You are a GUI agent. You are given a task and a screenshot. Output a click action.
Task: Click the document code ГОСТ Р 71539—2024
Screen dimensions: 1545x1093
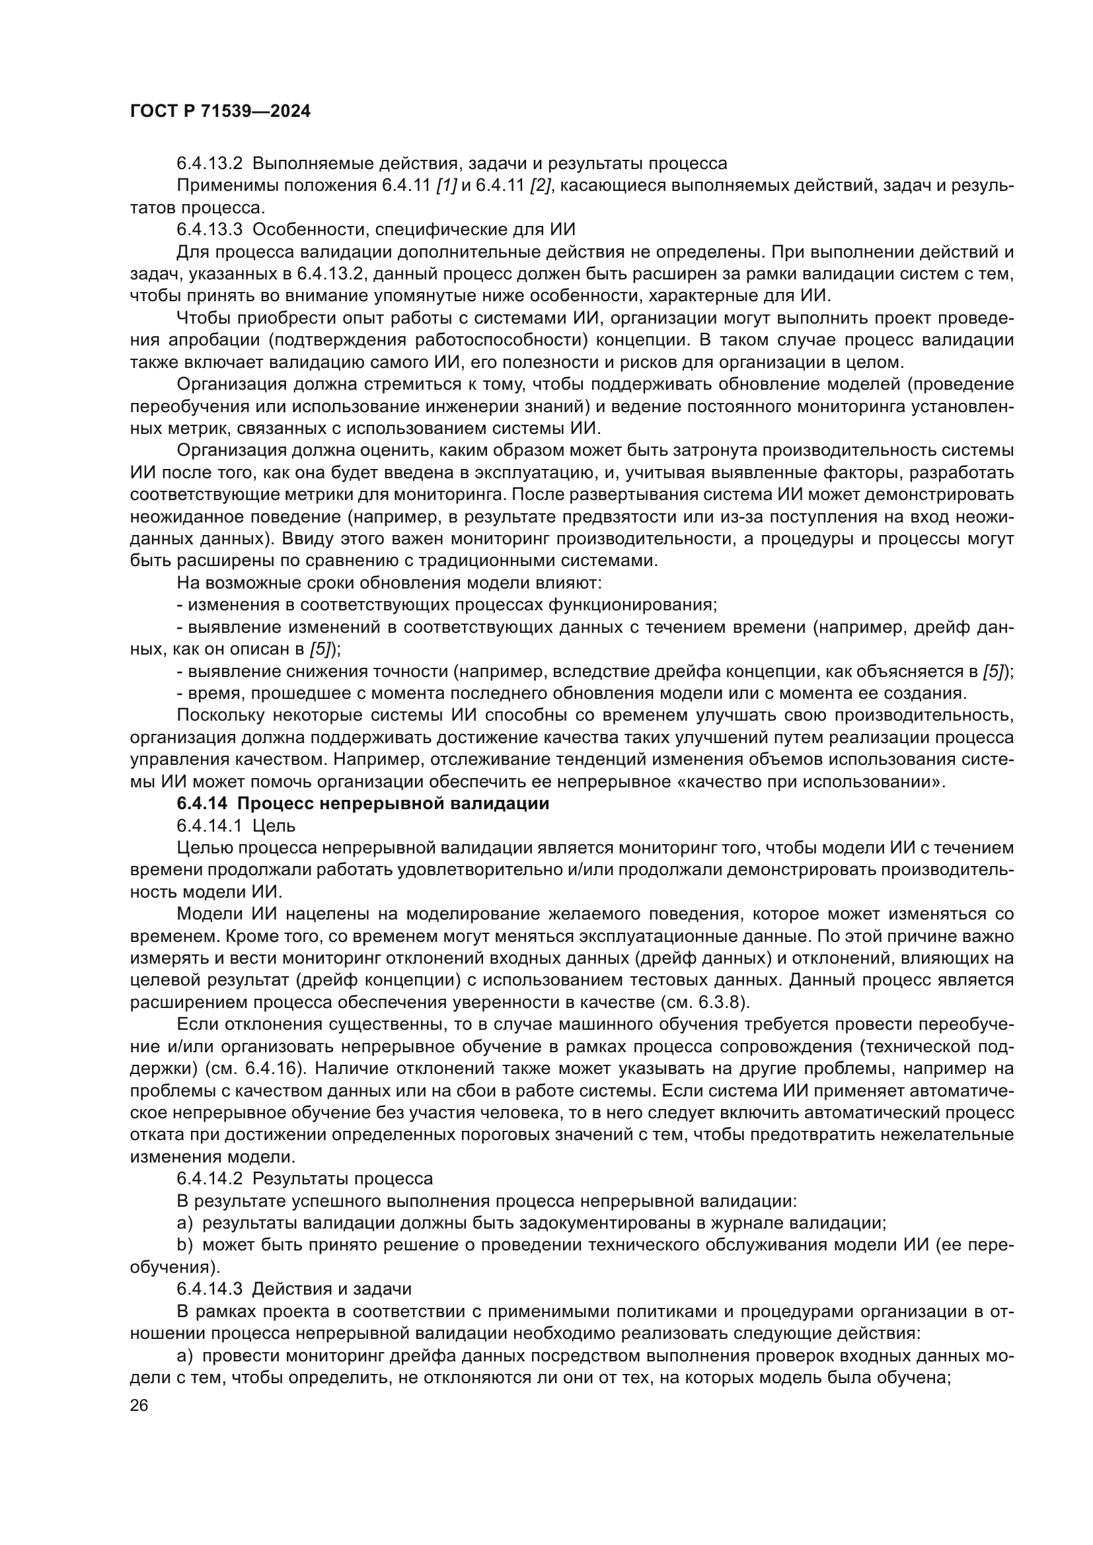click(x=220, y=112)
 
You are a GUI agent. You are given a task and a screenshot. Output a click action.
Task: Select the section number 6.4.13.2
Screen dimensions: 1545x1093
click(x=209, y=164)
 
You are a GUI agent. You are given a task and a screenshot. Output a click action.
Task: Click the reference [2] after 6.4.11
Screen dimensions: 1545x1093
click(x=541, y=186)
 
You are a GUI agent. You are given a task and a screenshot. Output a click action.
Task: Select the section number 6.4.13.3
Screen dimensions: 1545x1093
click(x=209, y=229)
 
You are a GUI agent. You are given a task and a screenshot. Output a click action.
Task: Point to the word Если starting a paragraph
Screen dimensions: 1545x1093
click(x=194, y=1024)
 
